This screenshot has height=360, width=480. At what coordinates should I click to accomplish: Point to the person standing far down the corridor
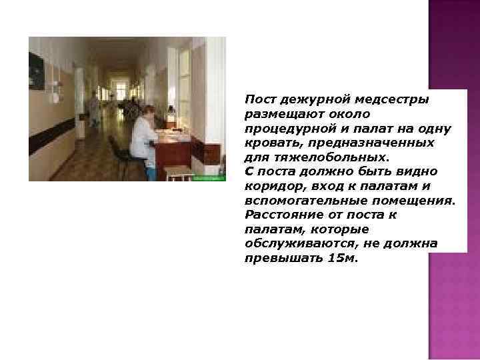95,110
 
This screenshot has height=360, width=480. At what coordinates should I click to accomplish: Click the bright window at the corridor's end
120,89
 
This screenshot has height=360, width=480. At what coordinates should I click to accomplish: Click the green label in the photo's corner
209,177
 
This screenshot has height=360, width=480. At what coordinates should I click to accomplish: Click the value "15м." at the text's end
343,258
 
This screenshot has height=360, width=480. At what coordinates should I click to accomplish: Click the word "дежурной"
313,99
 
